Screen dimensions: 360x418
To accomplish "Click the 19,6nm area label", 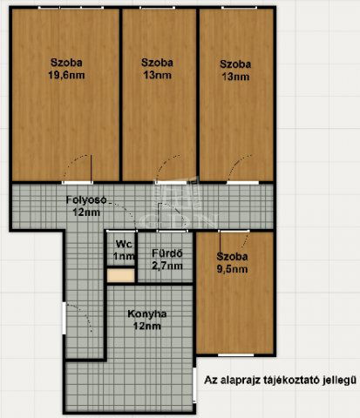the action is pos(66,75).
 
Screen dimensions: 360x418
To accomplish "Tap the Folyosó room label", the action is pos(86,200).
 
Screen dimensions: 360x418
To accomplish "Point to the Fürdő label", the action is pos(167,253).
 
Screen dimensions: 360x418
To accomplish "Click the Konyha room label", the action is pos(147,313).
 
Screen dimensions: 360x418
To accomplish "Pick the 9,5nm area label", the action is pos(233,269).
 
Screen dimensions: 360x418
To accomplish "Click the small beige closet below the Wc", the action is pos(121,275).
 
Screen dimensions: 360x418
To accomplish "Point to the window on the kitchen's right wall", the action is pos(194,385).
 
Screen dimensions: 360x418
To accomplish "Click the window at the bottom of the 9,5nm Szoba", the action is pos(236,355).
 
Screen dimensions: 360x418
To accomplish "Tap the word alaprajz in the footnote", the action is pos(241,380).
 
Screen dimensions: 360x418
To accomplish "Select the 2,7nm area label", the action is pos(167,266).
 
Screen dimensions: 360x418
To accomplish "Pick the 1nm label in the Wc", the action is pos(124,256).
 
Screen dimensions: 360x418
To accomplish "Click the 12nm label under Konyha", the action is pos(147,326).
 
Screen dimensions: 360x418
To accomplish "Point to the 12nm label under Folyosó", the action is pos(86,212).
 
